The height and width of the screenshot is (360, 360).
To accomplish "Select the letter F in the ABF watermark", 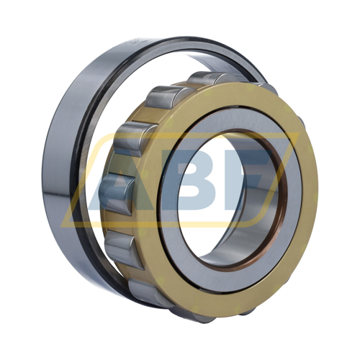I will [x=252, y=176].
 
